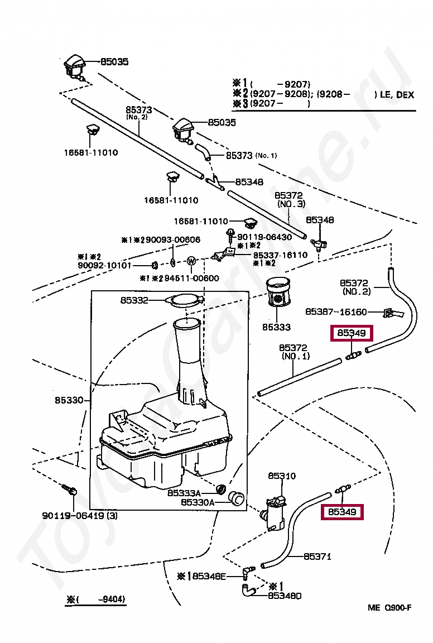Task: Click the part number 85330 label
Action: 69,400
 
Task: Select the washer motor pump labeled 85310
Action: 275,512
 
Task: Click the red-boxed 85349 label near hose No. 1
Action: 352,333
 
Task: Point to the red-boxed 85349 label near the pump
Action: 342,512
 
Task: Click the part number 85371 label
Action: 317,556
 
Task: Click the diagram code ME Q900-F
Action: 389,607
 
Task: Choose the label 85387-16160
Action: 336,312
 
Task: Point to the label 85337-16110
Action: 280,255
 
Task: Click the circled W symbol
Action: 191,261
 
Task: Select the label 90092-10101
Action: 104,265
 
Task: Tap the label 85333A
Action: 184,493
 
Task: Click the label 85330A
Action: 198,502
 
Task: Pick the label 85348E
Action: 209,576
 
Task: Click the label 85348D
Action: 285,596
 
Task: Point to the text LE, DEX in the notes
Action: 397,95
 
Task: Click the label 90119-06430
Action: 264,237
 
